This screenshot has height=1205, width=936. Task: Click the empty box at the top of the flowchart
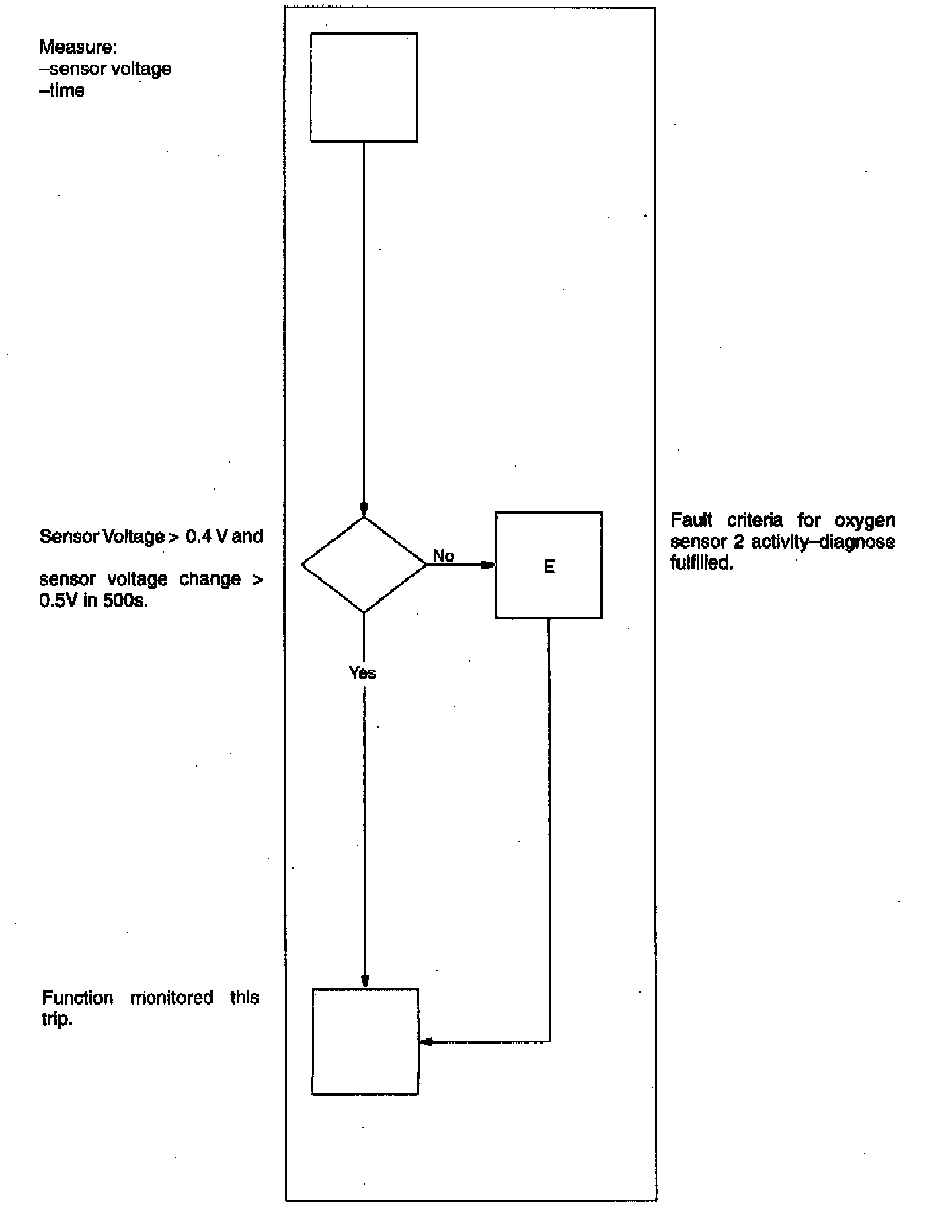pyautogui.click(x=363, y=87)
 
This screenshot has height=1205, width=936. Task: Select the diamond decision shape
pyautogui.click(x=364, y=565)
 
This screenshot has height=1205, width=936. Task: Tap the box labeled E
pyautogui.click(x=549, y=565)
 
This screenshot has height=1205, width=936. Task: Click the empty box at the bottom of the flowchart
pyautogui.click(x=365, y=1042)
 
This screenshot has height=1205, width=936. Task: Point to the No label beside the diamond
pyautogui.click(x=444, y=556)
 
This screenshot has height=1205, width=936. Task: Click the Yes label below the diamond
pyautogui.click(x=362, y=673)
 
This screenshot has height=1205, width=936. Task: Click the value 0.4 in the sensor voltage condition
pyautogui.click(x=199, y=537)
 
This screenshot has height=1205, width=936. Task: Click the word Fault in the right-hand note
pyautogui.click(x=691, y=520)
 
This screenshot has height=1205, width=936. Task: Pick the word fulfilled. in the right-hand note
pyautogui.click(x=701, y=563)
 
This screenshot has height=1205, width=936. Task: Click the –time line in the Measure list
pyautogui.click(x=62, y=91)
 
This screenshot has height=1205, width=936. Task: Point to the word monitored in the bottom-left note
pyautogui.click(x=171, y=997)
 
